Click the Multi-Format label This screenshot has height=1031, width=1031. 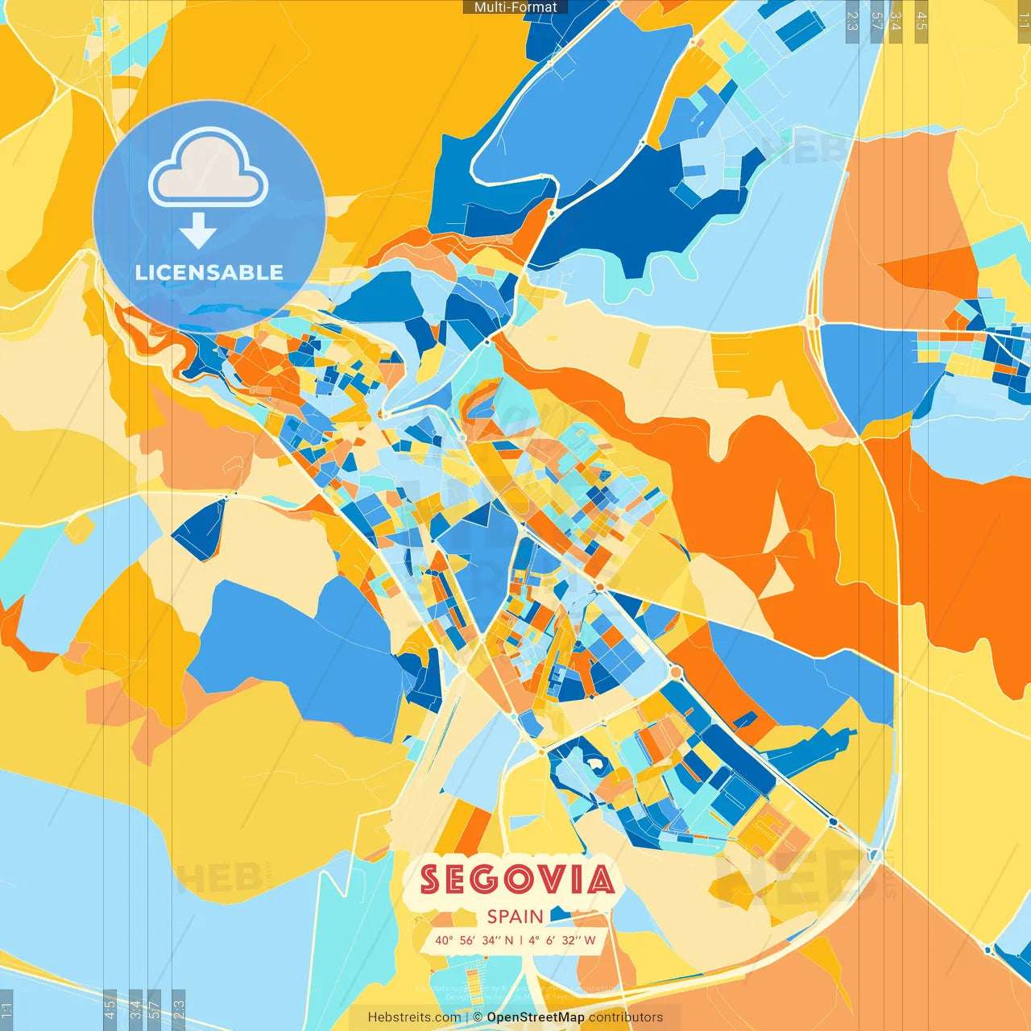click(x=515, y=7)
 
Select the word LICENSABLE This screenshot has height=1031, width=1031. click(x=209, y=272)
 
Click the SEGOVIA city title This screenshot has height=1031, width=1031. click(x=517, y=880)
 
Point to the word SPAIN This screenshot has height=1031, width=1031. click(x=515, y=917)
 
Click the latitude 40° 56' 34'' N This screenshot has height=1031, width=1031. click(x=474, y=940)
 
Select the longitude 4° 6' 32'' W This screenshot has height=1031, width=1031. click(x=562, y=940)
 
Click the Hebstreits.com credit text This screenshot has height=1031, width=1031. click(x=414, y=1017)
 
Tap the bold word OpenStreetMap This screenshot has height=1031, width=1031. click(x=536, y=1017)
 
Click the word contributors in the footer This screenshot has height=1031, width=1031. click(x=626, y=1017)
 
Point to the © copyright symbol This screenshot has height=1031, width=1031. click(x=478, y=1017)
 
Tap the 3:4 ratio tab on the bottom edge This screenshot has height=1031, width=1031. click(x=135, y=1010)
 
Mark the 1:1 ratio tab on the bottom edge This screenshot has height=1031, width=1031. click(x=6, y=1010)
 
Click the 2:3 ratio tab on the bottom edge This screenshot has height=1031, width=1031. click(x=179, y=1010)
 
